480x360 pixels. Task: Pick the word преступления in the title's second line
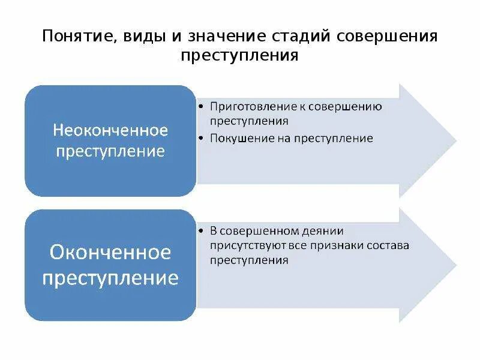pos(239,56)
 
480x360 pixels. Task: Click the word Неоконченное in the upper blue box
pos(110,130)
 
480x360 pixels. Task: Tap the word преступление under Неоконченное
pos(110,151)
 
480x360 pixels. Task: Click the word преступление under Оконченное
pos(110,278)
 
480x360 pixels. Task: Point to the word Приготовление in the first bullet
pos(247,107)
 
